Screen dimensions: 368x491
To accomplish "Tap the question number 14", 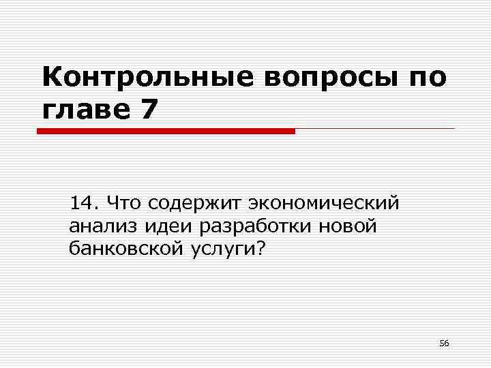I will tap(85, 202).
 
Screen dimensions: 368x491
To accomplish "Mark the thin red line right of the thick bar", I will tap(374, 128).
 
